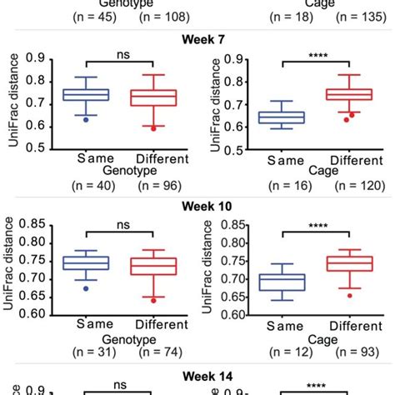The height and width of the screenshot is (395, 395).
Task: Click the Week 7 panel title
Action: pos(197,38)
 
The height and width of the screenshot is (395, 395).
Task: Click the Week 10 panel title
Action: pos(197,206)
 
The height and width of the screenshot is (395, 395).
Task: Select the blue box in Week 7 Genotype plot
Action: pos(87,95)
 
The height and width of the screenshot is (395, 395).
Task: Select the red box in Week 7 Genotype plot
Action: pos(152,97)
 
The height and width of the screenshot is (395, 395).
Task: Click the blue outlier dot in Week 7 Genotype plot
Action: pos(87,119)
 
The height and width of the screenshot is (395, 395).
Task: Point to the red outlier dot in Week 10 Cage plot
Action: pos(338,295)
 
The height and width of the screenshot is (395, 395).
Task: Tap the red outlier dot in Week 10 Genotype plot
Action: pos(152,300)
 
